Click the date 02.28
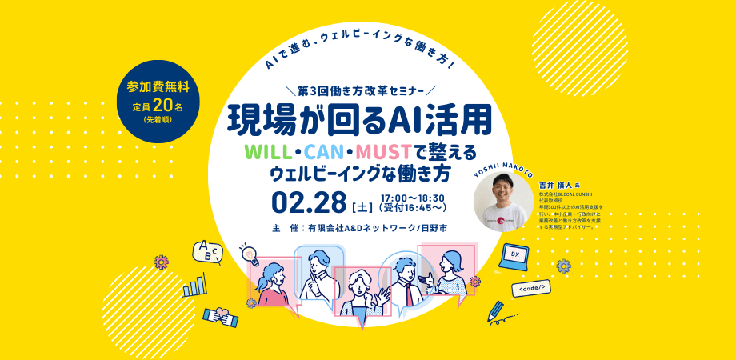click(x=308, y=198)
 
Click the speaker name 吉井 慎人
click(x=554, y=183)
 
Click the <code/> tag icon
click(x=533, y=286)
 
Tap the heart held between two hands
click(x=221, y=317)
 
